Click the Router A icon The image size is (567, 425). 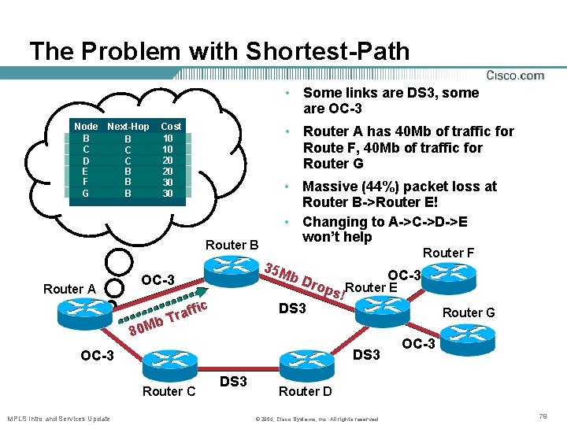point(85,314)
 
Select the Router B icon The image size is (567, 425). point(232,270)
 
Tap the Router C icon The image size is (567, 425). point(170,366)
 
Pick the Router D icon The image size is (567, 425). point(307,366)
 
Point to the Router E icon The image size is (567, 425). point(383,311)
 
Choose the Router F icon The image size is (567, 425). point(449,279)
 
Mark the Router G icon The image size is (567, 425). point(468,340)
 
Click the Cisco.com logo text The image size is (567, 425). point(515,76)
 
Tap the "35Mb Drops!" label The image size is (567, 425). point(305,282)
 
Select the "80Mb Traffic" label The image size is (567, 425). point(169,319)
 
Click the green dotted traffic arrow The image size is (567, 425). point(163,304)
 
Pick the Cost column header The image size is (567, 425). point(171,127)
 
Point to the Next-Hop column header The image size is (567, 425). point(128,127)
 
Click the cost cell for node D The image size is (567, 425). point(168,160)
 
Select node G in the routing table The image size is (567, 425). point(85,194)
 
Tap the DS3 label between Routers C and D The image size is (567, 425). point(233,381)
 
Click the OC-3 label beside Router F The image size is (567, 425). point(404,275)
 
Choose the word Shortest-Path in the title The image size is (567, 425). point(328,50)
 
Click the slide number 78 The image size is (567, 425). point(543,416)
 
